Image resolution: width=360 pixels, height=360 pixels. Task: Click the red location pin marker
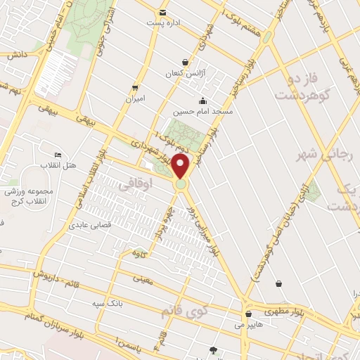[x=181, y=167]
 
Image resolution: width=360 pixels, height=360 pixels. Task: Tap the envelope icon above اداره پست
[x=163, y=13]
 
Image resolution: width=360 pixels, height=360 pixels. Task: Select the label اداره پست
[x=164, y=23]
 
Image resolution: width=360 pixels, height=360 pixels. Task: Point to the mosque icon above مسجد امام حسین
[x=202, y=99]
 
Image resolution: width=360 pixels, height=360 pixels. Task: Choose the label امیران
[x=134, y=99]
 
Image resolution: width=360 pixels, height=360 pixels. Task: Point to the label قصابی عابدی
[x=87, y=226]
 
